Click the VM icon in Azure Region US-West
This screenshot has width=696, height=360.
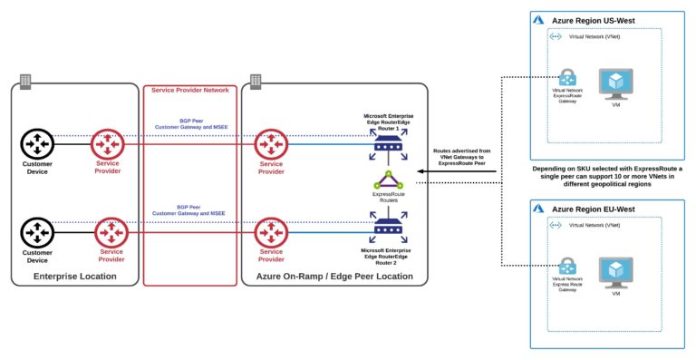coord(616,83)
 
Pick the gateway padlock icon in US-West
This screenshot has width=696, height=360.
coord(568,78)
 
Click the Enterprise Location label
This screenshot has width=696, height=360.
coord(73,275)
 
